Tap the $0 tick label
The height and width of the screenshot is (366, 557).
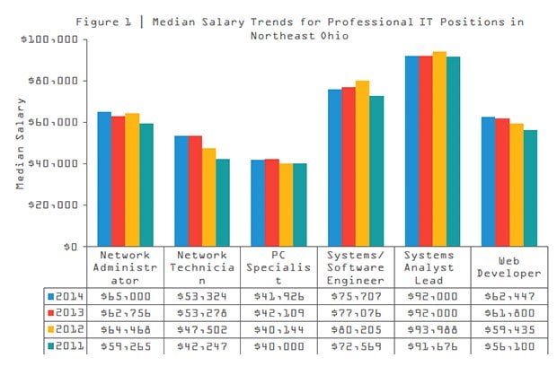pos(72,246)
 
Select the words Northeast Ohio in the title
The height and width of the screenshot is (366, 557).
pos(302,35)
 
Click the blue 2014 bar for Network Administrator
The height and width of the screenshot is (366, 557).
pos(104,179)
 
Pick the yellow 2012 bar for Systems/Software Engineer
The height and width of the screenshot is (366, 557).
pos(362,163)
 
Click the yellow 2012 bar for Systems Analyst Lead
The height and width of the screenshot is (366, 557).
pos(439,149)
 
